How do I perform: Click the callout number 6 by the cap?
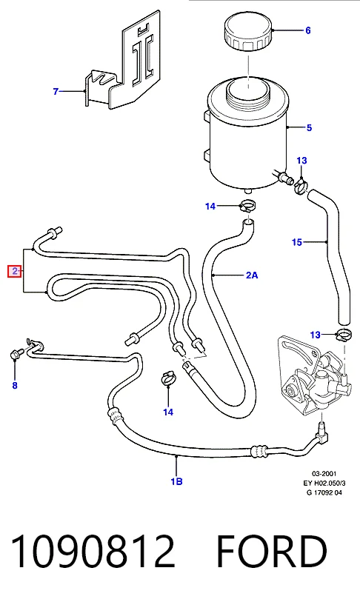pyautogui.click(x=307, y=30)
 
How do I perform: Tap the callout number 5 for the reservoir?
pyautogui.click(x=310, y=127)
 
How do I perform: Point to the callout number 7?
pyautogui.click(x=56, y=91)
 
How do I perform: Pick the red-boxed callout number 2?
pyautogui.click(x=15, y=272)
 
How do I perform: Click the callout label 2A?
pyautogui.click(x=252, y=275)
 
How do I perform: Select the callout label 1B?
pyautogui.click(x=176, y=481)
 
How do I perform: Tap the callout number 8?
pyautogui.click(x=15, y=385)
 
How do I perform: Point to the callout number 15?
pyautogui.click(x=297, y=242)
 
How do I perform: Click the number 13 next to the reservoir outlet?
pyautogui.click(x=302, y=161)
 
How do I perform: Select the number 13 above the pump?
pyautogui.click(x=315, y=335)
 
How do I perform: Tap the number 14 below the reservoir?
pyautogui.click(x=210, y=206)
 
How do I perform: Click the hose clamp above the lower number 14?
pyautogui.click(x=168, y=379)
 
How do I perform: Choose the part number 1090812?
pyautogui.click(x=93, y=551)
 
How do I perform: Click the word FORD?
pyautogui.click(x=272, y=551)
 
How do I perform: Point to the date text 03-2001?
pyautogui.click(x=324, y=474)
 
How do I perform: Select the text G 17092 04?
pyautogui.click(x=324, y=492)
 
